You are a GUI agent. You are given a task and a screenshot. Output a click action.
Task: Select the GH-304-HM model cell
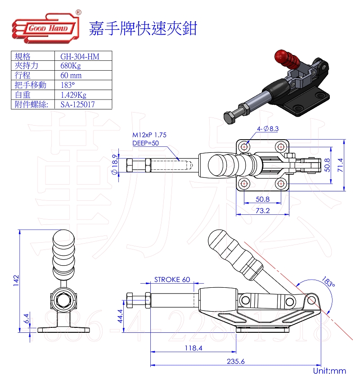[x=80, y=56]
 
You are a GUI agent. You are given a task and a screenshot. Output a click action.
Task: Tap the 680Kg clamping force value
[x=71, y=66]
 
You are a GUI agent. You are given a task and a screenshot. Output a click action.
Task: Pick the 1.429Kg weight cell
[x=73, y=95]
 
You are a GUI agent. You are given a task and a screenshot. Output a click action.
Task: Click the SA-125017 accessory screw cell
[x=78, y=104]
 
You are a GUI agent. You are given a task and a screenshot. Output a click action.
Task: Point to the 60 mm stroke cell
[x=71, y=75]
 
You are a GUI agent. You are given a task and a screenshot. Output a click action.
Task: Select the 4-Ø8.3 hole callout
[x=268, y=129]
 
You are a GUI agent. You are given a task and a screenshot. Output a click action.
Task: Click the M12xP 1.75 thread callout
[x=150, y=135]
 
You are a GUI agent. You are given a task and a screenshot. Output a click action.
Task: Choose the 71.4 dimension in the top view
[x=352, y=164]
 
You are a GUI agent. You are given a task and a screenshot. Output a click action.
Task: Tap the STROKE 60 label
[x=172, y=279]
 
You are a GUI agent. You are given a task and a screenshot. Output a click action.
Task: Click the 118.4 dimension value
[x=194, y=348]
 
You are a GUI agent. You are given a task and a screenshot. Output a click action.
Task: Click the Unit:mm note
[x=330, y=370]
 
